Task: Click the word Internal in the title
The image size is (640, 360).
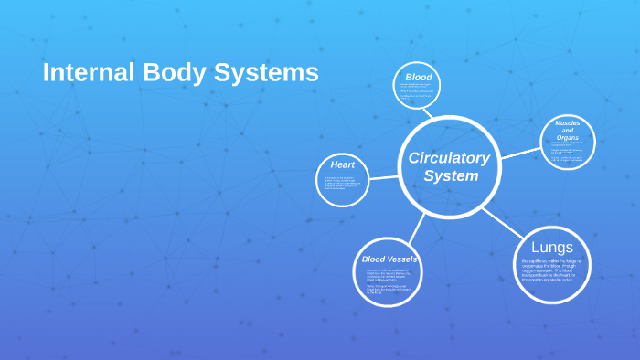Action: point(83,72)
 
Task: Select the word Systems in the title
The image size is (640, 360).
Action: point(266,72)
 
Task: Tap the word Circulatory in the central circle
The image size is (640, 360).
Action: point(449,157)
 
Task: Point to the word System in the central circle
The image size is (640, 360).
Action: point(451,175)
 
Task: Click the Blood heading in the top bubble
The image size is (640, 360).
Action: point(418,77)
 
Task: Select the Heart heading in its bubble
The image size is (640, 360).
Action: point(343,164)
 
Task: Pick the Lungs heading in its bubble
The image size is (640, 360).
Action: point(552,248)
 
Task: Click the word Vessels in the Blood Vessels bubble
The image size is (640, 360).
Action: point(403,259)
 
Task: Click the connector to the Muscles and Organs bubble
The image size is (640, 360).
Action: point(521,153)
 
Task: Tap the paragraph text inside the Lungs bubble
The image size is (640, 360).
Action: point(551,270)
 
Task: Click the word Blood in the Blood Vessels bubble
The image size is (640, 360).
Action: point(375,259)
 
